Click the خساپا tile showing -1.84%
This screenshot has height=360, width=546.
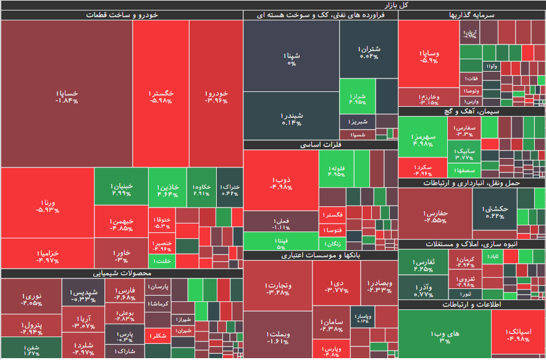(67, 94)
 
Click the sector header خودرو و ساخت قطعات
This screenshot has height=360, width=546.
(122, 15)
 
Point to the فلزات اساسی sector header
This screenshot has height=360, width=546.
(321, 145)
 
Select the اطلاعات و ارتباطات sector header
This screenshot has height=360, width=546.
(472, 304)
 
